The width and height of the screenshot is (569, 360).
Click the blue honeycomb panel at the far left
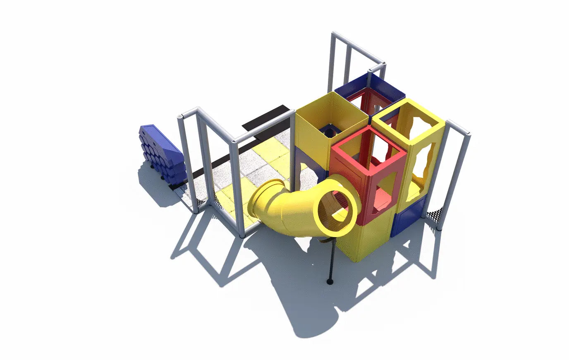tap(161, 153)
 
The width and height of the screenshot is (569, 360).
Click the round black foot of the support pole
tap(330, 282)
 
